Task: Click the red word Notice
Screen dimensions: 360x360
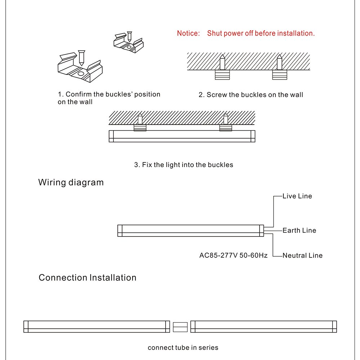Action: point(188,33)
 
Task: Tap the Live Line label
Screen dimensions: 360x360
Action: point(297,196)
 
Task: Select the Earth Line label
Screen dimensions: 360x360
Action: point(299,230)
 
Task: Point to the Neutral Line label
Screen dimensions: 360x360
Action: point(302,255)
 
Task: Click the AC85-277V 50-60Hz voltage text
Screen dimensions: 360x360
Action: point(233,255)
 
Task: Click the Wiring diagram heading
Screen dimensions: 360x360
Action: point(71,183)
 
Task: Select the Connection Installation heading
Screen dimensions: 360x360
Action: point(87,278)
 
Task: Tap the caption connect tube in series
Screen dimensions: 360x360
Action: point(183,348)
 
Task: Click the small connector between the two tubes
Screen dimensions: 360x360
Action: point(180,327)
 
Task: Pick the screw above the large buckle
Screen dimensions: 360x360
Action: point(81,58)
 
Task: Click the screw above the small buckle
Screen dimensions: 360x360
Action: point(130,36)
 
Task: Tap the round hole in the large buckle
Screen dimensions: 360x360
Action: point(81,74)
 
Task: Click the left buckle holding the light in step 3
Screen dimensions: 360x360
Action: point(140,128)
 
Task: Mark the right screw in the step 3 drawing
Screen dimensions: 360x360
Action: point(226,119)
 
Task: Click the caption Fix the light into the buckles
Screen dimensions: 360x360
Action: point(184,165)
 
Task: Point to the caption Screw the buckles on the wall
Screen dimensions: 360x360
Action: point(251,95)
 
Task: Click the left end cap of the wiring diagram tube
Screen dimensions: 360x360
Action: point(120,230)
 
